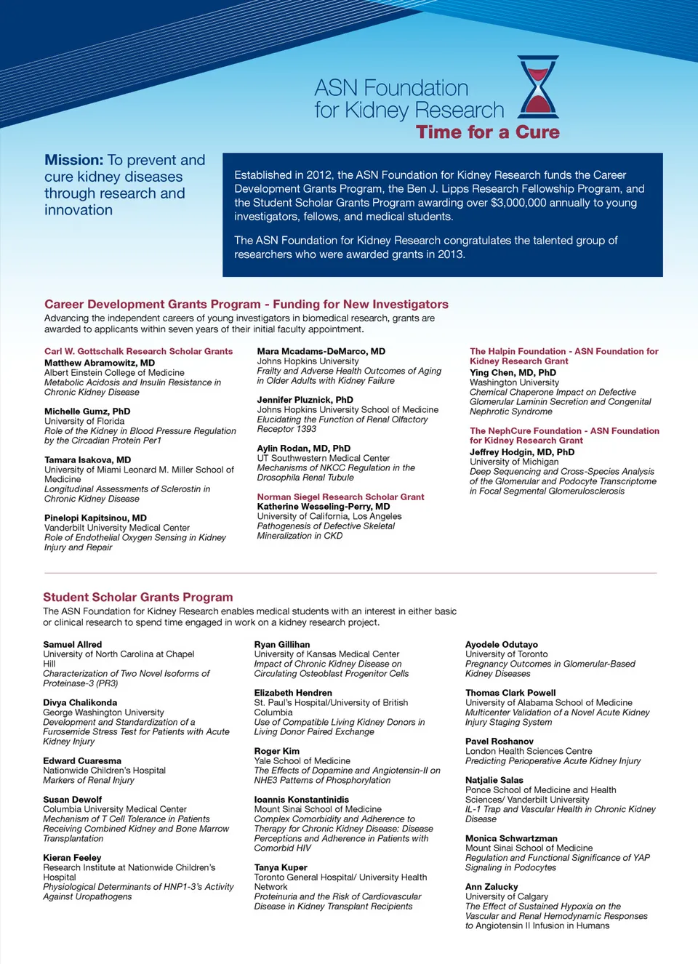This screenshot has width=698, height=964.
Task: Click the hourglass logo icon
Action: point(539,87)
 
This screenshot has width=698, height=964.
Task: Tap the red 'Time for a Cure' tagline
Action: point(488,132)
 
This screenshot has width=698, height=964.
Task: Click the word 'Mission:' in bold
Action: point(73,160)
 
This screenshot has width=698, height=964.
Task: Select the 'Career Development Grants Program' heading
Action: point(152,305)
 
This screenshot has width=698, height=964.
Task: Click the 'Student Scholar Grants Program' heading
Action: point(138,598)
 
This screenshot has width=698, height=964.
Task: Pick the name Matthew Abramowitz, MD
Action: point(100,363)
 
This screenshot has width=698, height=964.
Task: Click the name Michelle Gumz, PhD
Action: point(87,411)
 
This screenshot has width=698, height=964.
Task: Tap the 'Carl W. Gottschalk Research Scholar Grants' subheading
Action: point(138,351)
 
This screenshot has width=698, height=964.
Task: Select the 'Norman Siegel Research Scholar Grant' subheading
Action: point(340,497)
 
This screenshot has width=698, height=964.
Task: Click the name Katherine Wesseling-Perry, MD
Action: point(324,507)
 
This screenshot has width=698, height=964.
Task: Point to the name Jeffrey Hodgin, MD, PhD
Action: point(522,452)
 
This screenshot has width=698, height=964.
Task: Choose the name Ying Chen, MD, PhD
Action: point(513,373)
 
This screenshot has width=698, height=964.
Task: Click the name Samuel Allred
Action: point(73,645)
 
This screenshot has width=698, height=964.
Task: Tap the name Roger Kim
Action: point(277,751)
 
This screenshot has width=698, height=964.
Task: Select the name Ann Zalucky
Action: point(492,887)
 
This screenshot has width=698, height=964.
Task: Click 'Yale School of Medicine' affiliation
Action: point(302,761)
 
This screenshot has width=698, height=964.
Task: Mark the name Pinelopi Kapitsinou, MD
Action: point(95,518)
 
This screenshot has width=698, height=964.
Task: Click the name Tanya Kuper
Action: point(281,867)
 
